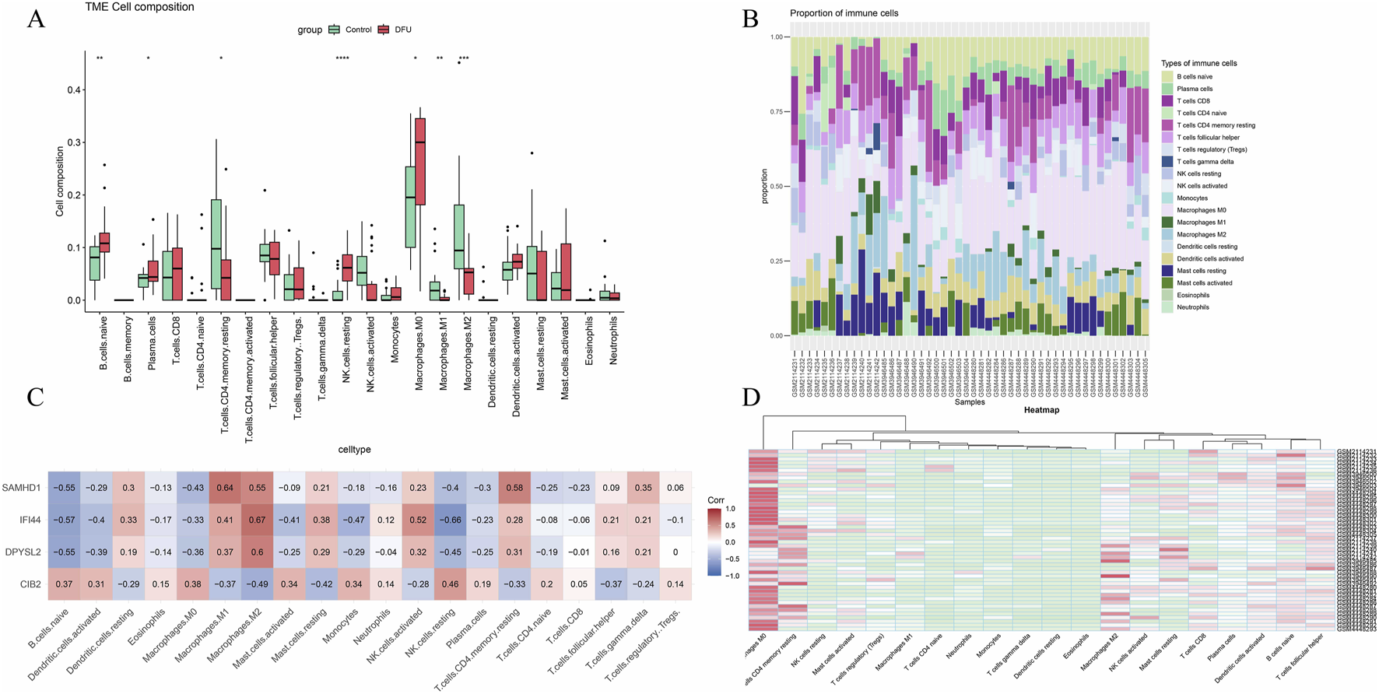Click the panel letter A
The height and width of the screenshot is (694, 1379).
(x=36, y=19)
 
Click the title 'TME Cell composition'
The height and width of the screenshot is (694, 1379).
(x=140, y=7)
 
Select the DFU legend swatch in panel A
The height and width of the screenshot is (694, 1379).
(x=383, y=30)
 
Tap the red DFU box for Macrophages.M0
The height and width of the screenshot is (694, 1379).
(x=421, y=161)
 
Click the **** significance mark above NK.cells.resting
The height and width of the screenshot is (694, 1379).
(x=342, y=59)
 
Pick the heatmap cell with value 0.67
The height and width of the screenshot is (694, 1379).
(x=257, y=520)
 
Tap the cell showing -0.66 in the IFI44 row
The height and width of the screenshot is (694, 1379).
(x=450, y=520)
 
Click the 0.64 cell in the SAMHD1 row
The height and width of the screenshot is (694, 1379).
(x=225, y=488)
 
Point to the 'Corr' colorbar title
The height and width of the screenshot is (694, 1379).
(x=717, y=500)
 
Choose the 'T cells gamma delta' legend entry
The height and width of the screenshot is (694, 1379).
(x=1205, y=162)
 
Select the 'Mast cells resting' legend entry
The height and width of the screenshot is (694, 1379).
(x=1201, y=271)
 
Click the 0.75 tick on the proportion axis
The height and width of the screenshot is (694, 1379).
(x=777, y=112)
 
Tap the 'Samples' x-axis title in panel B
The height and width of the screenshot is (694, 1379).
(x=970, y=402)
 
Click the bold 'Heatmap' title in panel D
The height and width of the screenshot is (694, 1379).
(x=1041, y=410)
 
